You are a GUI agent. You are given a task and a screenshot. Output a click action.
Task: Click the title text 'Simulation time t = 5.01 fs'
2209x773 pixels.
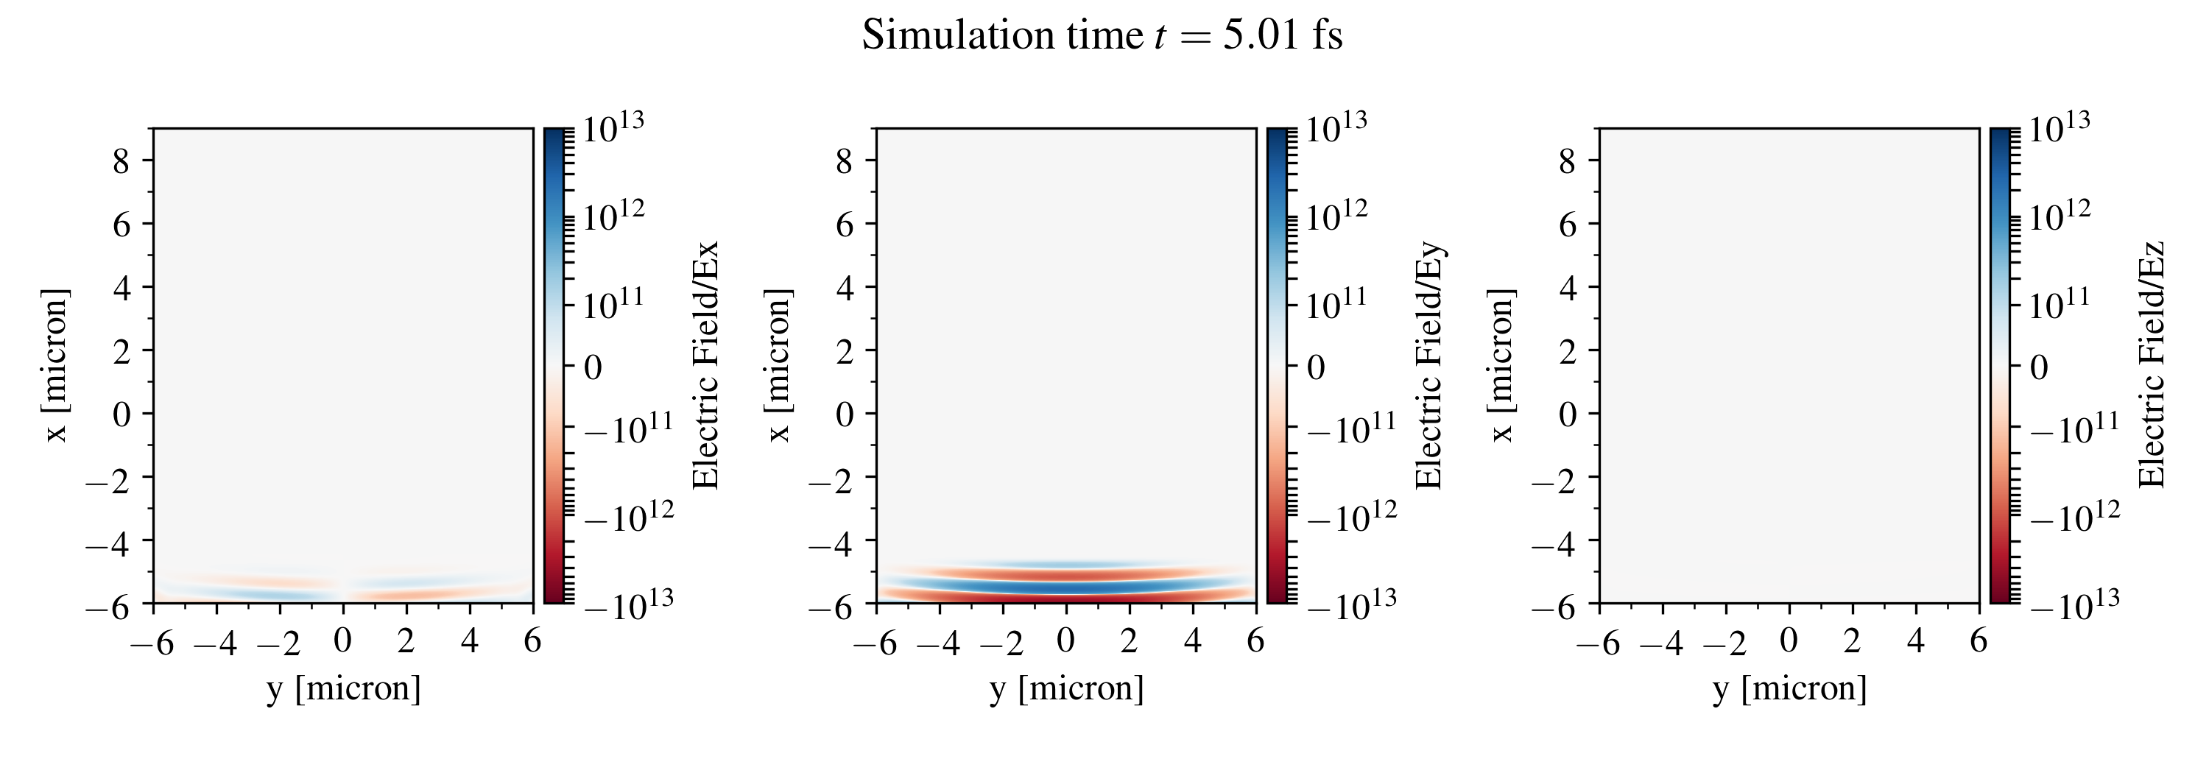(1102, 36)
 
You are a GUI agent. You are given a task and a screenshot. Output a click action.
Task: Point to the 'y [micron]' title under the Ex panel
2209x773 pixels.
(344, 688)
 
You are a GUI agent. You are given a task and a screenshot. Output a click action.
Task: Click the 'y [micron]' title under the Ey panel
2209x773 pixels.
(1067, 688)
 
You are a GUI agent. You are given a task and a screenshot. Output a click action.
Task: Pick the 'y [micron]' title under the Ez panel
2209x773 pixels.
(1790, 688)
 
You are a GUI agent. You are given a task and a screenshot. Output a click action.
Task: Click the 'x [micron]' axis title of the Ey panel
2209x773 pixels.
(778, 366)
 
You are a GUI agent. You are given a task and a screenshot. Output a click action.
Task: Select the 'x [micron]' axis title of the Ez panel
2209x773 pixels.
(1501, 366)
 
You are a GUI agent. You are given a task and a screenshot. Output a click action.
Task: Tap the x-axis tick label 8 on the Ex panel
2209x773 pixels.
(121, 161)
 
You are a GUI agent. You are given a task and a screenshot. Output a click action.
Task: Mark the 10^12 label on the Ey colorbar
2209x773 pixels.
(1336, 216)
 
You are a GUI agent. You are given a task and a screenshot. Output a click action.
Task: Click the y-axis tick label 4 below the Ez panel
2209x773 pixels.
(1916, 641)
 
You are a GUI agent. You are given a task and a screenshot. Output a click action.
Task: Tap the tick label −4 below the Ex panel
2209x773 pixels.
(215, 642)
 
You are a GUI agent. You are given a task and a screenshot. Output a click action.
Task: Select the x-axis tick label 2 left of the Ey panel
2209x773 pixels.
(844, 350)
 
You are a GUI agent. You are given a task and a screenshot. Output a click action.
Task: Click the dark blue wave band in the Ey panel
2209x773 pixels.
(1067, 587)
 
